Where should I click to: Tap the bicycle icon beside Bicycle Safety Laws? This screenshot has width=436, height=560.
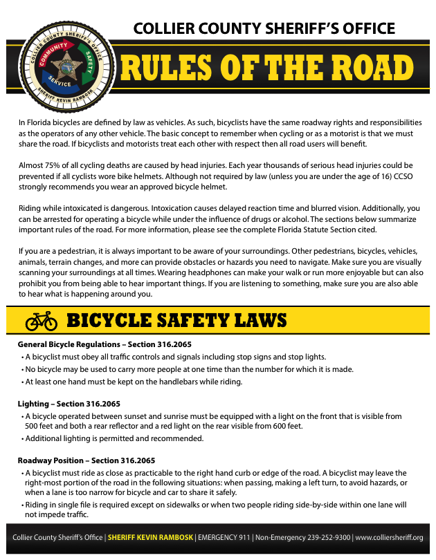point(41,321)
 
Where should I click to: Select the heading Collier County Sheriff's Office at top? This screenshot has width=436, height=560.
point(264,28)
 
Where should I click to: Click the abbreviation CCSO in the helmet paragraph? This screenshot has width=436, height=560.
point(398,176)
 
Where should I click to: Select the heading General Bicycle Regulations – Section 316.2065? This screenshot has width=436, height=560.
point(104,344)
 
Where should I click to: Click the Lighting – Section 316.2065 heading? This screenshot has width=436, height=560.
point(69,404)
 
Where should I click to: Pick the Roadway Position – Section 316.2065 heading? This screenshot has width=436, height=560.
point(86,460)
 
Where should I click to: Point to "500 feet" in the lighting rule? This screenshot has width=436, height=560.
point(39,427)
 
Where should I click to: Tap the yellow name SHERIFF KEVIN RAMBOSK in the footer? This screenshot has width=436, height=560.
point(151,537)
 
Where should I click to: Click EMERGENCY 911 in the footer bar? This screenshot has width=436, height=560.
point(224,537)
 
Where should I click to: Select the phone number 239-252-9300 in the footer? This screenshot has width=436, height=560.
point(325,537)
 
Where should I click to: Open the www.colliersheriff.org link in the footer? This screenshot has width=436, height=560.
point(389,537)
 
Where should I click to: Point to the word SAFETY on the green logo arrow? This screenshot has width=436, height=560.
point(88,62)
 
